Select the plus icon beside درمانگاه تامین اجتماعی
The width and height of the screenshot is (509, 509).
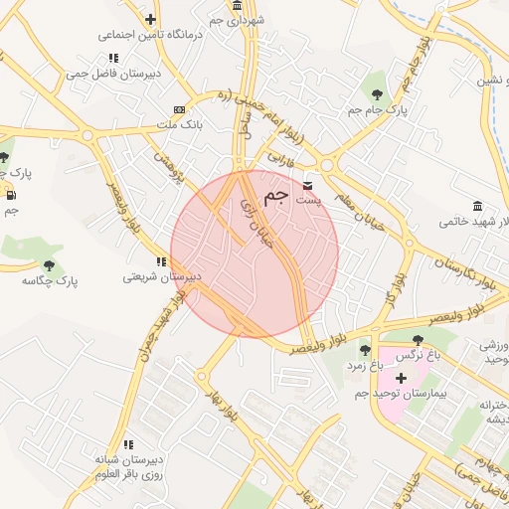pyautogui.click(x=150, y=19)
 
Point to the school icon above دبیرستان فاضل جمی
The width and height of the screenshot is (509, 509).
pyautogui.click(x=114, y=58)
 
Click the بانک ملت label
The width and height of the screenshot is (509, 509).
pyautogui.click(x=180, y=126)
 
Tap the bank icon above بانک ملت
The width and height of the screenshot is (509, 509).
pyautogui.click(x=179, y=109)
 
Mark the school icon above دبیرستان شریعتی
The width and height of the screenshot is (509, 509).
pyautogui.click(x=161, y=261)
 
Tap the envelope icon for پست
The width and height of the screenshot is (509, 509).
pyautogui.click(x=307, y=186)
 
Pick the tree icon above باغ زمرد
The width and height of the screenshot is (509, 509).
pyautogui.click(x=364, y=349)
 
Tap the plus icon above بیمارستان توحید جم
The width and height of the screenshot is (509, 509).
pyautogui.click(x=401, y=378)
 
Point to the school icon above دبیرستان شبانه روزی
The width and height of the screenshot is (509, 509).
pyautogui.click(x=127, y=444)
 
